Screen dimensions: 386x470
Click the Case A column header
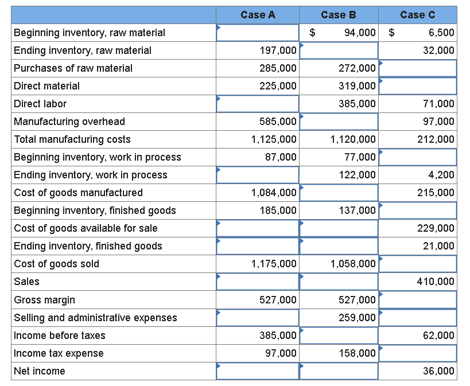(258, 15)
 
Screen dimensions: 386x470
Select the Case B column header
(338, 15)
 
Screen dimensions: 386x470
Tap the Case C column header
(417, 15)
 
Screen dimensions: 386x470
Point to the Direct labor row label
(40, 104)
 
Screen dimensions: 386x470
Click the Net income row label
(40, 371)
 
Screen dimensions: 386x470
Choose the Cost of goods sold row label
(56, 264)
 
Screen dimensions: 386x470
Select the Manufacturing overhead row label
(69, 122)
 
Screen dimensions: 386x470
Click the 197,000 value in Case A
(278, 50)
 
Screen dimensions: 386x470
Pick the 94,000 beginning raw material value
(360, 33)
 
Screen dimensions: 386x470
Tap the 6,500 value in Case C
(441, 33)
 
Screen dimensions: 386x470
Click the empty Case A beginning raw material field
(258, 33)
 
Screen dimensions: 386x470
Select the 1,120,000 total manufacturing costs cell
(354, 139)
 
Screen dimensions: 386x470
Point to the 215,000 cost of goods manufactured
(438, 193)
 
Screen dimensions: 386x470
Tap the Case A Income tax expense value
(281, 353)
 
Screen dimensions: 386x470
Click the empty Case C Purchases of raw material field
(418, 68)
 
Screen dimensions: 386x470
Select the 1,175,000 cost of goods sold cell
(274, 264)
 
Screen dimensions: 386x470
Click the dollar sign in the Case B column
(313, 33)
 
